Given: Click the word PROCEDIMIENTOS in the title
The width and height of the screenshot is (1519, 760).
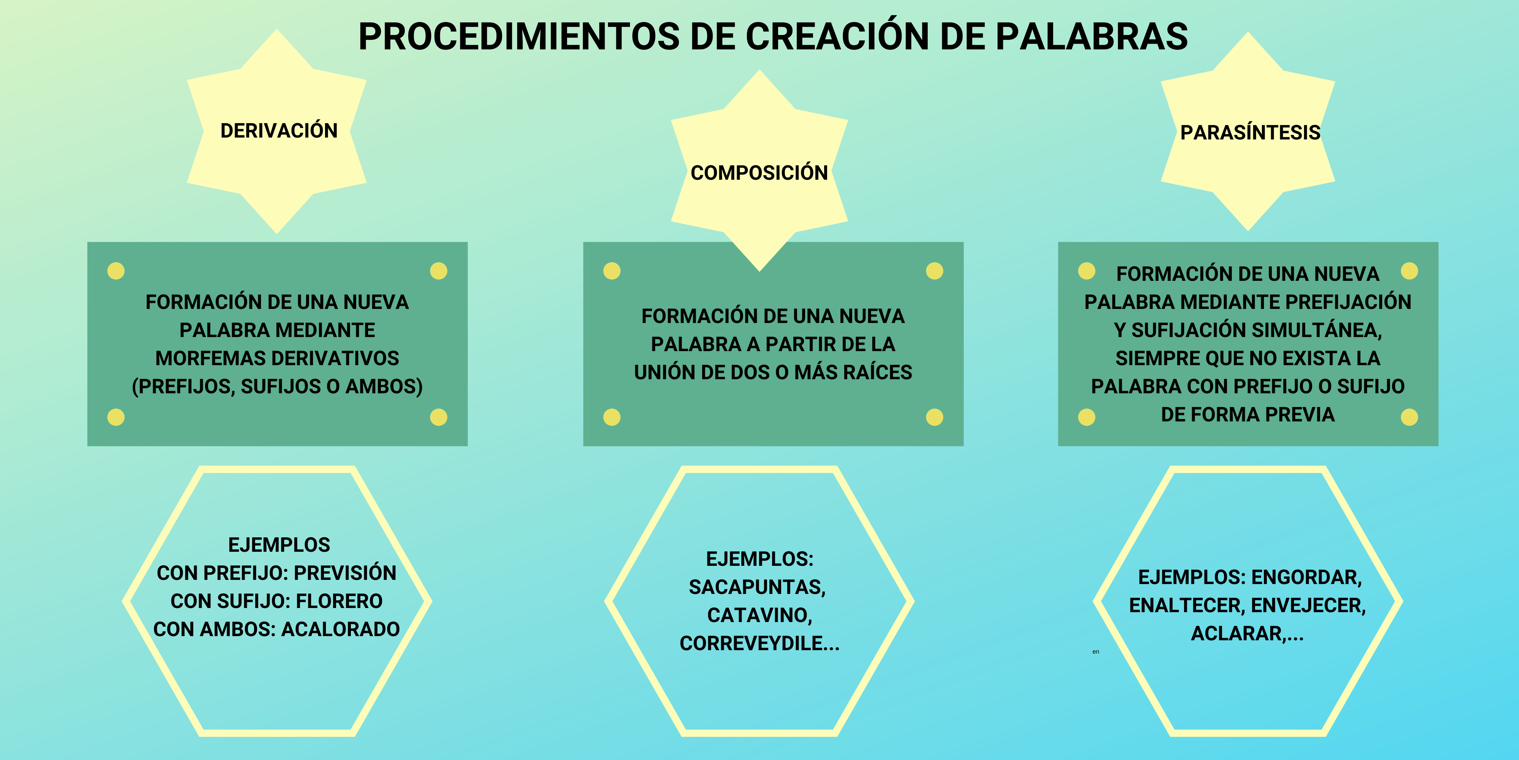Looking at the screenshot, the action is [x=519, y=36].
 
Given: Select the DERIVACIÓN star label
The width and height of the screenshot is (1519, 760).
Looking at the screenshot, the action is [x=279, y=130].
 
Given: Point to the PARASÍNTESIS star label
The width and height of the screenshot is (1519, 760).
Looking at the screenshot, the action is [x=1250, y=133].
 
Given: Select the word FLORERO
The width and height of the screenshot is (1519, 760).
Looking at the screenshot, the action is [x=339, y=601].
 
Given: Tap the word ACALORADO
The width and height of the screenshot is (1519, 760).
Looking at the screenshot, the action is [x=341, y=630].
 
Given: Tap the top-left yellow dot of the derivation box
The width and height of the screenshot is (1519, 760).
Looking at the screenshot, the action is [x=116, y=271].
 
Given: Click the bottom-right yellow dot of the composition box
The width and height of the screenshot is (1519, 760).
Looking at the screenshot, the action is [x=935, y=417].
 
